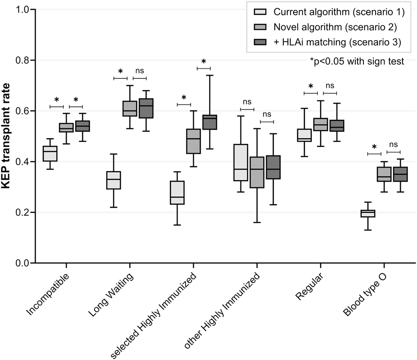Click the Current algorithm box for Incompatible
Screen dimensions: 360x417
(x=50, y=154)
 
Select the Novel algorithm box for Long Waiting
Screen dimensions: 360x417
(x=130, y=109)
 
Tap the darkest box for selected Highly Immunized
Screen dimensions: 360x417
(x=210, y=122)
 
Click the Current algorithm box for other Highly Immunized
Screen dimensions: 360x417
(x=241, y=162)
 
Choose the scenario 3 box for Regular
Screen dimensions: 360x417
(x=337, y=126)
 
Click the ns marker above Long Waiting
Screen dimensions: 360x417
(x=140, y=71)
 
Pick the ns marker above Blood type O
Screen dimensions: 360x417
(x=394, y=145)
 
